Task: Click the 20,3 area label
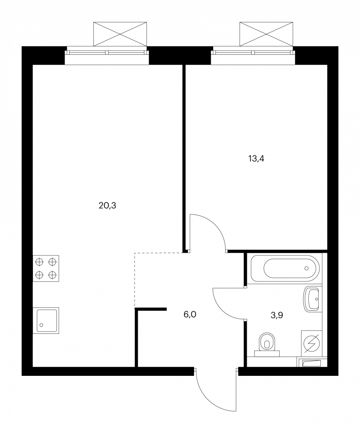(107, 206)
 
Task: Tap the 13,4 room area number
(256, 159)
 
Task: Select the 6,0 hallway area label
(190, 314)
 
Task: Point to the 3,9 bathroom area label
(276, 315)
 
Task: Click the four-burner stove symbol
(46, 268)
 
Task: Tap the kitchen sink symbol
(46, 320)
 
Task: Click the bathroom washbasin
(312, 299)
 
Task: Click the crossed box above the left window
(120, 34)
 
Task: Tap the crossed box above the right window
(266, 34)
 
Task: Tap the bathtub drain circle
(306, 268)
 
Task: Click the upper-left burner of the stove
(40, 261)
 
